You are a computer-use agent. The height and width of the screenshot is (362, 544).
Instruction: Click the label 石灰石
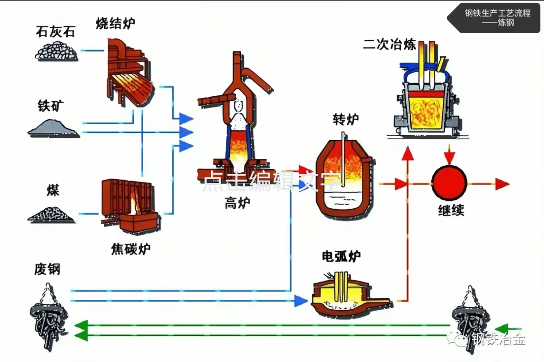56,32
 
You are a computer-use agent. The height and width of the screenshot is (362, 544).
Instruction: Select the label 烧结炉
115,24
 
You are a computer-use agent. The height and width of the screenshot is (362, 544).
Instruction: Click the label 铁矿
51,106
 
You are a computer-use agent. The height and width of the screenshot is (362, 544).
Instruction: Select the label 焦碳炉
131,248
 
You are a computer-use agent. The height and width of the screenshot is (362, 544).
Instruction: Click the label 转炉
346,119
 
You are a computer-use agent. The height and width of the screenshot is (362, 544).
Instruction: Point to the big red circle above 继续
449,184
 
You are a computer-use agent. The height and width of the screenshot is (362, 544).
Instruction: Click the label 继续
451,210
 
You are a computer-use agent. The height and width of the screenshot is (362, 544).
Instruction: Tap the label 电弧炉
341,257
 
